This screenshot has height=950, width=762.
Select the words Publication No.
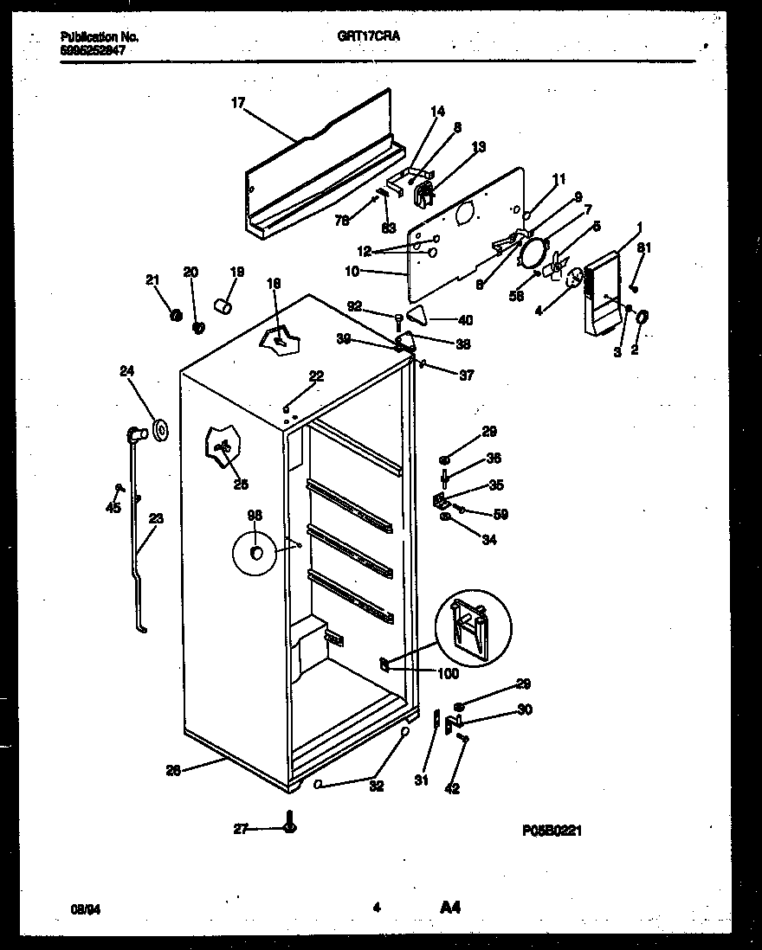click(100, 37)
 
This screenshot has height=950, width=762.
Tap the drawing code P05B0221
click(552, 831)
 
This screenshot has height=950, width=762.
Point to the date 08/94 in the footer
click(82, 908)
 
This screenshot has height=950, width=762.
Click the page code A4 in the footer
click(449, 908)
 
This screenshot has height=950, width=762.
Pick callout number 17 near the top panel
click(238, 103)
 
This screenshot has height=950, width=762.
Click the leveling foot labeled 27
click(289, 827)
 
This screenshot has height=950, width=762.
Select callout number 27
click(241, 829)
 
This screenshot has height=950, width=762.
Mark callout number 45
click(113, 508)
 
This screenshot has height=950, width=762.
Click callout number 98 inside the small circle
click(255, 516)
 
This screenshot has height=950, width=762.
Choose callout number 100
click(448, 674)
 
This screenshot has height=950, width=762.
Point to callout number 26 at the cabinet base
click(173, 771)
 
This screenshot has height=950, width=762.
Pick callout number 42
click(452, 788)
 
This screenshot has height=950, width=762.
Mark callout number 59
click(500, 514)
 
